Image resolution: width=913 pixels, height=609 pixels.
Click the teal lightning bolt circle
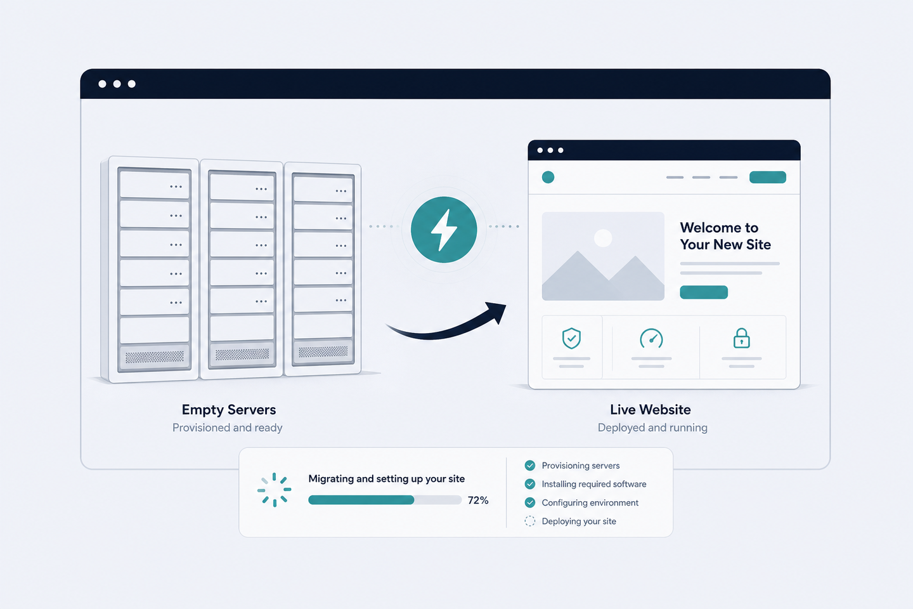point(444,229)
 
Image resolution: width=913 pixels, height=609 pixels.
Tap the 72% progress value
point(478,500)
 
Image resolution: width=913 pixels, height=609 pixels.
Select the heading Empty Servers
point(229,410)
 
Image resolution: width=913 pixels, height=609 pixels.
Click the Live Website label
point(650,410)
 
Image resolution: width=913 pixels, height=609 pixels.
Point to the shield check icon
point(571,338)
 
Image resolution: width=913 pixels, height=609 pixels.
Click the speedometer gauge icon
point(651,339)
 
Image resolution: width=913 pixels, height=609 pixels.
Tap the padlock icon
point(741,338)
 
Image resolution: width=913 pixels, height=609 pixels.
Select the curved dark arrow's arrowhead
point(496,312)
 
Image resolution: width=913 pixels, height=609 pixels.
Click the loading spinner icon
point(275,490)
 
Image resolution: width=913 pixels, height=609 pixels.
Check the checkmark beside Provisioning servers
point(530,466)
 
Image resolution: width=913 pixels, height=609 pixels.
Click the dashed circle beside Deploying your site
point(530,521)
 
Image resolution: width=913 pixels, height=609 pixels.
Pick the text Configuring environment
point(590,502)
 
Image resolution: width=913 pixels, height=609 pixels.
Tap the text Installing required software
point(594,484)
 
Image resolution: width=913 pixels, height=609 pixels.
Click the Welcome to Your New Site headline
point(725,236)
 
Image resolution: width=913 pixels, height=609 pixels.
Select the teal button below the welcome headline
point(704,292)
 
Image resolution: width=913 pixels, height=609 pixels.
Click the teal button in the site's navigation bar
point(768,177)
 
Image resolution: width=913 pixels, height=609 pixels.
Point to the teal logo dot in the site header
point(548,177)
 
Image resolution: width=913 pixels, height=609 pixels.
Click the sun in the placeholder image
point(603,239)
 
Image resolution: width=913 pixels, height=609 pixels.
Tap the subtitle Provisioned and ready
point(228,428)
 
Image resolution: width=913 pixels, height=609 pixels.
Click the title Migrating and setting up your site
point(386,479)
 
